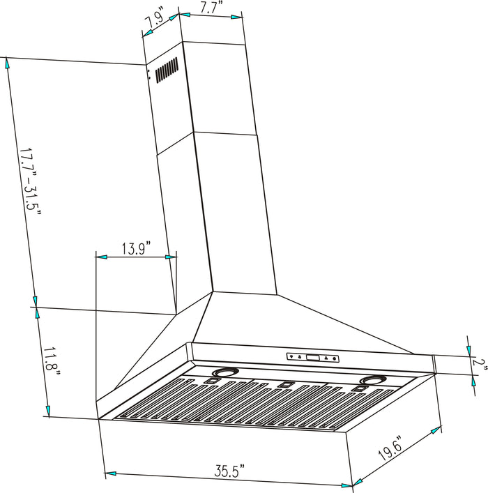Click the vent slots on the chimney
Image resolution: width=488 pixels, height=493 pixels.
[x=166, y=70]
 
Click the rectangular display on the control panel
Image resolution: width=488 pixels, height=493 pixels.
[x=312, y=358]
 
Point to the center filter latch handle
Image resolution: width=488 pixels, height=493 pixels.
[x=286, y=385]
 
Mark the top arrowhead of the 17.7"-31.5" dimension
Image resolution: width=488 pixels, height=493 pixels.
[x=8, y=63]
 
